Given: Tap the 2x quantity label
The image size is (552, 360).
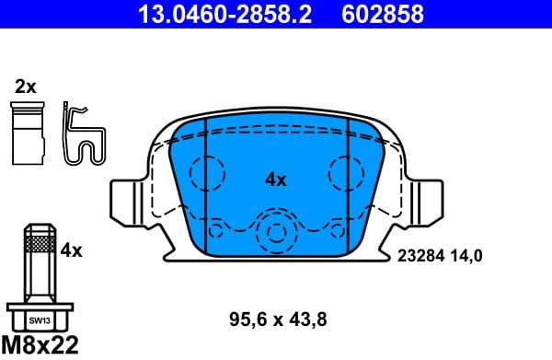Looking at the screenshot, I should [x=25, y=87].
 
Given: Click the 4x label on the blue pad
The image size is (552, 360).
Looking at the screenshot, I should [x=275, y=180].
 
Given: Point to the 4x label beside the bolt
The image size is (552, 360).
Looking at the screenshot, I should [x=72, y=250].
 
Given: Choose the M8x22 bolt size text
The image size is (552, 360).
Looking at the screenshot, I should [x=40, y=346].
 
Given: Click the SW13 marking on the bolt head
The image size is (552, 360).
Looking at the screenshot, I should [x=37, y=320].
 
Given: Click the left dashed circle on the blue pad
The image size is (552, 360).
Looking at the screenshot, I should [x=208, y=172].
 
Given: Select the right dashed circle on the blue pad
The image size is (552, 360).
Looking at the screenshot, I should [x=345, y=172].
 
